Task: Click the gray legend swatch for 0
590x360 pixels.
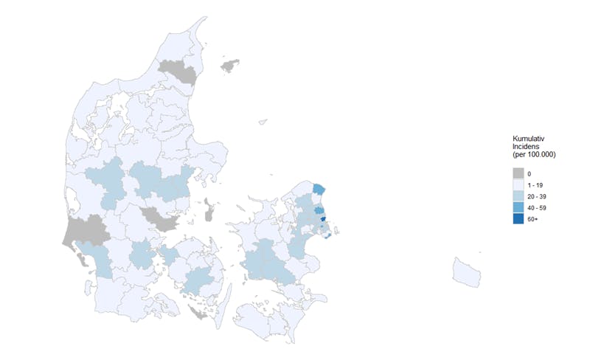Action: tap(518, 173)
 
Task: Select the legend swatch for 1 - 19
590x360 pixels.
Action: tap(518, 184)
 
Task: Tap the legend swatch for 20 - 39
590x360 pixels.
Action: tap(518, 196)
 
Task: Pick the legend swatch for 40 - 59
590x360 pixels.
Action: tap(518, 208)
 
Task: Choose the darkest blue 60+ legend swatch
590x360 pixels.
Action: tap(518, 219)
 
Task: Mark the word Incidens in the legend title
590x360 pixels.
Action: tap(527, 147)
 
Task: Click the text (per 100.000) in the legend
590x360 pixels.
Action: tap(533, 155)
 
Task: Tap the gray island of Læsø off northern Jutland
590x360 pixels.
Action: tap(231, 65)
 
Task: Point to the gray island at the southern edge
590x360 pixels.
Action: tap(197, 313)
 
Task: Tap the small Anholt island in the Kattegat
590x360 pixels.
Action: tap(261, 123)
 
